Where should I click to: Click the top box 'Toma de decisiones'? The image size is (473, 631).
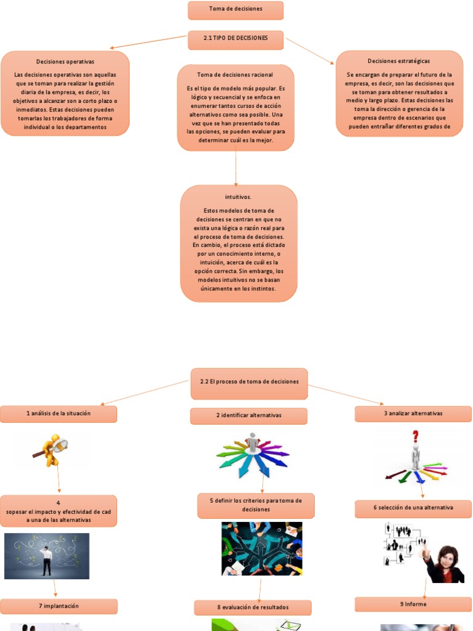coord(235,10)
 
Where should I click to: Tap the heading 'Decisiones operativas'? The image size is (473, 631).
coord(65,62)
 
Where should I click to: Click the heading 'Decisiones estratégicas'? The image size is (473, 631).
coord(398,61)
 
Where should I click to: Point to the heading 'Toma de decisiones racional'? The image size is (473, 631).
coord(235,75)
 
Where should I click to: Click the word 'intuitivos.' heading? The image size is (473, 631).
coord(238,197)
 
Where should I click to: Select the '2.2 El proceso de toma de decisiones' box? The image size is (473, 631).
coord(249,382)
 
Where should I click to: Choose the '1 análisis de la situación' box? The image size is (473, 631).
coord(58,414)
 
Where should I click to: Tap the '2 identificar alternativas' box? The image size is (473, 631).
coord(248,416)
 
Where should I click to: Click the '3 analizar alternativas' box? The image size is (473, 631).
coord(413,413)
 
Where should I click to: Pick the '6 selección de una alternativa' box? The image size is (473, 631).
coord(413,508)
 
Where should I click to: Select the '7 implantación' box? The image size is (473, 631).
coord(59,606)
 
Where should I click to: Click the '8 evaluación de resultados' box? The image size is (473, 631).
coord(253,608)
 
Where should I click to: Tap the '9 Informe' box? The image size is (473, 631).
coord(413,605)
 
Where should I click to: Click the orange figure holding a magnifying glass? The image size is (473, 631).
coord(52,450)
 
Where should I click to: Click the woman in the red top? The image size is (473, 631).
coord(445,566)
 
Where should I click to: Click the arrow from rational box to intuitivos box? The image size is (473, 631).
coord(236,168)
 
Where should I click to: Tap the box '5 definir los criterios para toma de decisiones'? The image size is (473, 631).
coord(256,505)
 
